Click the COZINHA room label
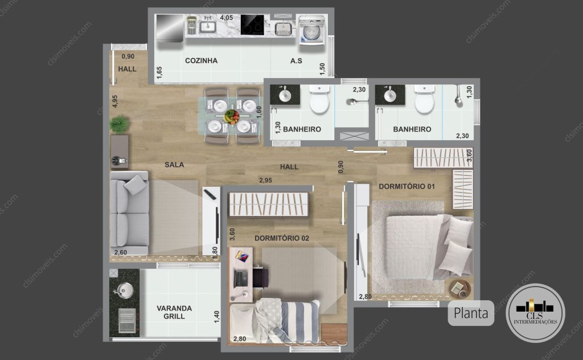tap(201, 60)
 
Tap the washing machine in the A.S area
tap(311, 30)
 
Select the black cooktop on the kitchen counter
tap(252, 25)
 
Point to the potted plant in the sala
tap(119, 124)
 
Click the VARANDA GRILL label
tap(174, 312)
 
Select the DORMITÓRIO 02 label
tap(281, 238)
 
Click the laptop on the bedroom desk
tap(241, 279)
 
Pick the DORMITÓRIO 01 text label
tap(407, 186)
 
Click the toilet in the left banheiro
tap(319, 99)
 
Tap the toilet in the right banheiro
tap(424, 99)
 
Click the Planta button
tap(471, 313)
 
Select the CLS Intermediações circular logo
tap(535, 313)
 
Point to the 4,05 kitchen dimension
tap(226, 18)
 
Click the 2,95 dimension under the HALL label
tap(265, 181)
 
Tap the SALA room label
tap(174, 165)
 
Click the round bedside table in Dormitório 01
tap(460, 289)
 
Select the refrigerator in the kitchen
tap(170, 27)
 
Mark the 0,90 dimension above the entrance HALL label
tap(128, 56)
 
